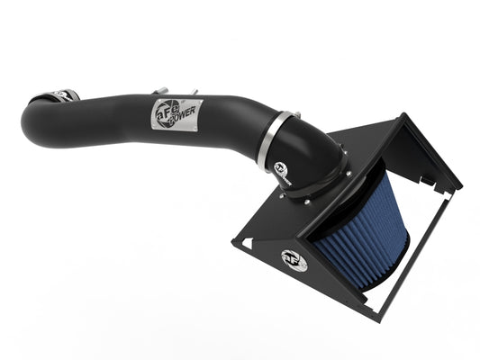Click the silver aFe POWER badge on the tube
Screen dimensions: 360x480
[176, 115]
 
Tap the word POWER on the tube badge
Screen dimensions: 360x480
[183, 117]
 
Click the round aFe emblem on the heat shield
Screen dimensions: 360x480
[294, 261]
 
